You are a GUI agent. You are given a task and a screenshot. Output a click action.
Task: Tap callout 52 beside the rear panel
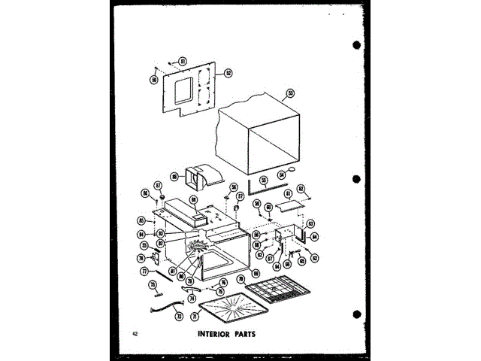click(228, 74)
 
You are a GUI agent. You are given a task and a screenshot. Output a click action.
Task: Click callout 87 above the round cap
click(159, 185)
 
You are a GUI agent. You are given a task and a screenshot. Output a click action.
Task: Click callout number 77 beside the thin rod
click(144, 270)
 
